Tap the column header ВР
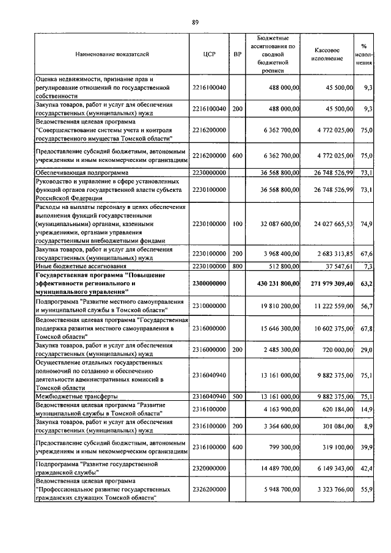(x=238, y=54)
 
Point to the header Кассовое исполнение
(x=327, y=54)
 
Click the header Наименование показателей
(x=112, y=54)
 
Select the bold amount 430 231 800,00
(x=274, y=284)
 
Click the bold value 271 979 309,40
(x=327, y=284)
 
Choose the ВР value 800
(x=238, y=266)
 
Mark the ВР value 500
(x=238, y=396)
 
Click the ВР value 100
(x=238, y=224)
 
